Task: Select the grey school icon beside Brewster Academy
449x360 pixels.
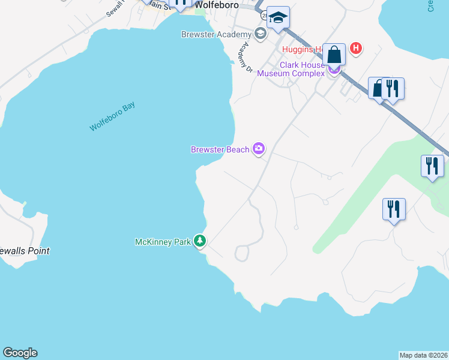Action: pos(261,33)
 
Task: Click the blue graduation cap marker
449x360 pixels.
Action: pos(278,18)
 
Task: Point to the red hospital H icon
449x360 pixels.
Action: pos(356,48)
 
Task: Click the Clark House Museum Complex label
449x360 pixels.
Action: pos(291,70)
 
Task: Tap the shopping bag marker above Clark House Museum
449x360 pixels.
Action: pos(334,55)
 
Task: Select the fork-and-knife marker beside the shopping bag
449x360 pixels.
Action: pos(393,89)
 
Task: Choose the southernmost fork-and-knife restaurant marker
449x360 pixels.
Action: pos(394,210)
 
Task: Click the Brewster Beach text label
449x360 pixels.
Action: pos(220,149)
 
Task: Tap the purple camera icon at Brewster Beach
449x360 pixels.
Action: pos(259,148)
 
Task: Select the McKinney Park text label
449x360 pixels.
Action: pos(163,242)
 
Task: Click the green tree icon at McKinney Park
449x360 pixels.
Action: pos(200,241)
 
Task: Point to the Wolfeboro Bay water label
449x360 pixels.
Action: pos(112,116)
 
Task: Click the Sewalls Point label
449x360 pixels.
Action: pos(24,251)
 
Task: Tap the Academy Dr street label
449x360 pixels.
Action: pos(243,58)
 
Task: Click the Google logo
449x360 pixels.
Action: pos(20,353)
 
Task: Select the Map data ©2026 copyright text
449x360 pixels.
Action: pos(423,355)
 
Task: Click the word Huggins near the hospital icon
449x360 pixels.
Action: pos(298,49)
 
